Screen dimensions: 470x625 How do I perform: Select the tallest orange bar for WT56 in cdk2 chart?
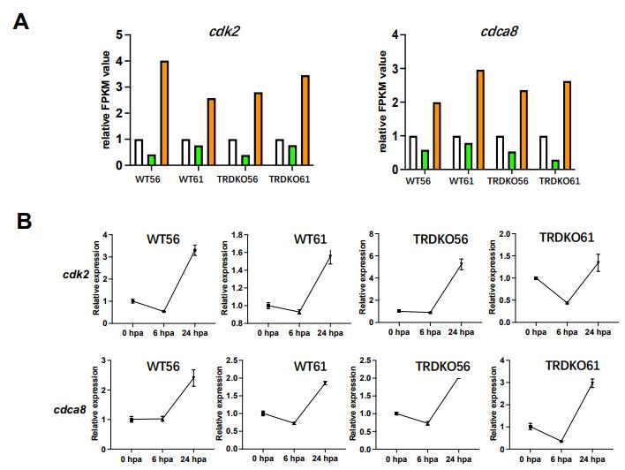tap(164, 113)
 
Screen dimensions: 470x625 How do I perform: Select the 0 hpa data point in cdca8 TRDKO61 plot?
tap(530, 426)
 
